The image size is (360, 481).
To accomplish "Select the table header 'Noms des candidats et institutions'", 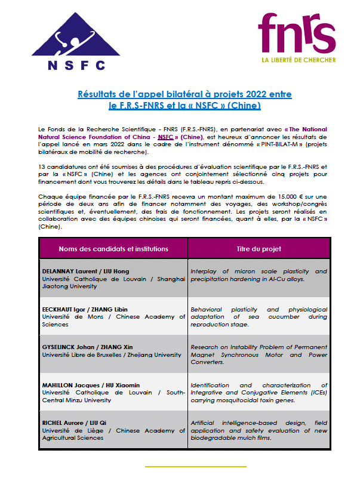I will tap(113, 248).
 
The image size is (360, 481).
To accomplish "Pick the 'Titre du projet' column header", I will tap(259, 248).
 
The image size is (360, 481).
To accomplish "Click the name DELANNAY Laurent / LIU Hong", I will tap(85, 272).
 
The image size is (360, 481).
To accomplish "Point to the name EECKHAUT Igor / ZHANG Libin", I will tap(84, 309).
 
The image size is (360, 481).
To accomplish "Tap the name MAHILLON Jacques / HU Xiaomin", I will tap(90, 385).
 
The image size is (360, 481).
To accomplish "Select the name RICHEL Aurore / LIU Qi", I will tap(77, 423).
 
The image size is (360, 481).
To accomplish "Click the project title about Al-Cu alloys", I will tap(259, 275).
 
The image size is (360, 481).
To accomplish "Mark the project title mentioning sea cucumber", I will tap(259, 317).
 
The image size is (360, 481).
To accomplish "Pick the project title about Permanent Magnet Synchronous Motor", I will tap(259, 354).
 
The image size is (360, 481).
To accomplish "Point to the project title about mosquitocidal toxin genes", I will tap(259, 393).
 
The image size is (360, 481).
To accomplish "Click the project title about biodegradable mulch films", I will tap(259, 430).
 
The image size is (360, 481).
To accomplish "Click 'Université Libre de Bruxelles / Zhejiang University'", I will tap(112, 354).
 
